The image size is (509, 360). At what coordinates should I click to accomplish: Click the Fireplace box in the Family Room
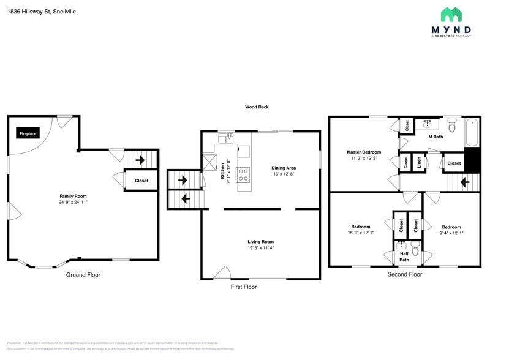point(28,133)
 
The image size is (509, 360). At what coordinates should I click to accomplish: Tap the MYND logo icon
point(451,15)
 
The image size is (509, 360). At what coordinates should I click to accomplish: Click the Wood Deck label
point(257,107)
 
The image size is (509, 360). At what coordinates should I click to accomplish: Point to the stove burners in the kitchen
point(243,174)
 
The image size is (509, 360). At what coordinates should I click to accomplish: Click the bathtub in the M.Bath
point(472,133)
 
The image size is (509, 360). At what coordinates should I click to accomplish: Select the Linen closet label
point(419,163)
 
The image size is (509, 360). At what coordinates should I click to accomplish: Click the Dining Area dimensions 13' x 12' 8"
point(284,174)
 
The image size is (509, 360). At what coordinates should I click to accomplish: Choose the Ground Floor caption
point(83,275)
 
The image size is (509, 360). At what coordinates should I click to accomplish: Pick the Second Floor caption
point(404,274)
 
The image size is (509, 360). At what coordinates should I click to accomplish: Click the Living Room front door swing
point(222,273)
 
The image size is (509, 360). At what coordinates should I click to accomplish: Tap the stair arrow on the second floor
point(464,182)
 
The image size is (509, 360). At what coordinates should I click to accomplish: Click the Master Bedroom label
point(364,152)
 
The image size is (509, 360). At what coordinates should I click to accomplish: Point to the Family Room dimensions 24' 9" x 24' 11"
point(73,202)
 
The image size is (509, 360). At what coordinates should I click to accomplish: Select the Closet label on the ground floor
point(141,181)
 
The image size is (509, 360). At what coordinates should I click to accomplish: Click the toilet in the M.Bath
point(452,127)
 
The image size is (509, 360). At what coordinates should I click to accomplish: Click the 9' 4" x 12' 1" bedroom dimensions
point(451,233)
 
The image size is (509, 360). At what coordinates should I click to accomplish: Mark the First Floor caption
point(243,287)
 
